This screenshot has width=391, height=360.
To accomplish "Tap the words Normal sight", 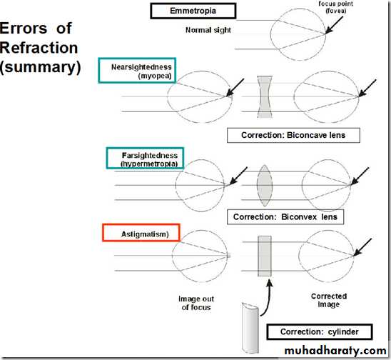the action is [x=208, y=30].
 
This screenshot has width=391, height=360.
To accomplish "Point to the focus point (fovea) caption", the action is [x=335, y=7].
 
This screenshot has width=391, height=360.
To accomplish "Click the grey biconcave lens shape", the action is [x=265, y=97].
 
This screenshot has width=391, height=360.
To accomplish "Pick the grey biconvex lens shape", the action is [x=265, y=186].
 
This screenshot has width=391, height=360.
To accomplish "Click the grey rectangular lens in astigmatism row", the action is [x=265, y=256].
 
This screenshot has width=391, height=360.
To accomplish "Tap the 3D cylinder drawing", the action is [x=250, y=328].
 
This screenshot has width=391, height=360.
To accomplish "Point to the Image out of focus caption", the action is [x=196, y=303].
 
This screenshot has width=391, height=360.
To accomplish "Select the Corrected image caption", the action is [x=329, y=300].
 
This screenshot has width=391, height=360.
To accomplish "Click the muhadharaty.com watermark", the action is [x=335, y=350].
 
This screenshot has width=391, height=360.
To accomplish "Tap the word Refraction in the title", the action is [x=39, y=47].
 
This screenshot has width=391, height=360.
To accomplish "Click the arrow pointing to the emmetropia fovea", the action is [x=334, y=25].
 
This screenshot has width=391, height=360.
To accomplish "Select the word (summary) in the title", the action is [x=41, y=67].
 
